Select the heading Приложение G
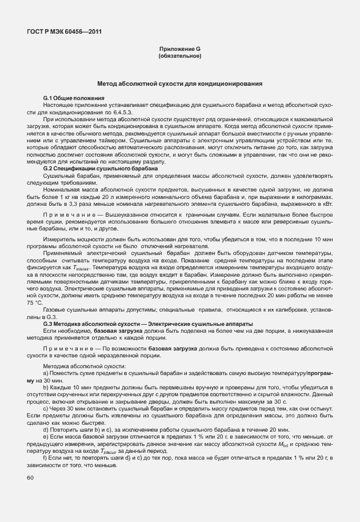179,49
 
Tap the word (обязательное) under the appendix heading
179,56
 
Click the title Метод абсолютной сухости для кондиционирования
179,83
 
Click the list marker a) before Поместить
46,373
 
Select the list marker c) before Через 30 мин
46,408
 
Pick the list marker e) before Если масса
46,436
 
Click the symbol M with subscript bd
289,444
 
